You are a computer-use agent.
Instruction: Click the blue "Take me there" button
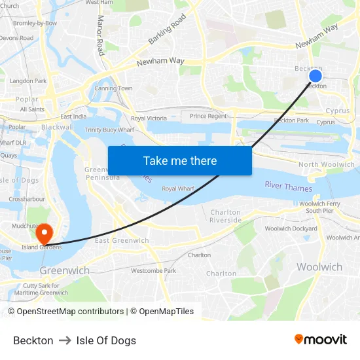pos(180,160)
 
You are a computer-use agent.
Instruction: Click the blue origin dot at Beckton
pos(315,76)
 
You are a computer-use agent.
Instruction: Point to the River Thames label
pos(289,187)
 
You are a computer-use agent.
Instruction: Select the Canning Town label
pos(113,88)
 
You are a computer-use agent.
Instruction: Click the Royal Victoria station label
pos(149,118)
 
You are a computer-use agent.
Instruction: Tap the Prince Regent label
pos(208,117)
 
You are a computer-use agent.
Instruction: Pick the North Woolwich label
pos(327,165)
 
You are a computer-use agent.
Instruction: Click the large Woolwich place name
pos(319,266)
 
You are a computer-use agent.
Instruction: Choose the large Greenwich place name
pos(65,270)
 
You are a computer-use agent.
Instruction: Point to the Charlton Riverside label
pos(226,216)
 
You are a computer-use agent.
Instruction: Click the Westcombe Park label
pos(153,270)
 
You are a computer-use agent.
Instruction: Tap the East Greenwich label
pos(122,241)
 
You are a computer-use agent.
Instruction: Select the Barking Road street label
pos(167,31)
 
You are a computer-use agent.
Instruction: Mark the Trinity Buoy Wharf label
pos(109,130)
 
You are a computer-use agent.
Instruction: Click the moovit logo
pos(320,340)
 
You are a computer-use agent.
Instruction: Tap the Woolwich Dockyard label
pos(290,228)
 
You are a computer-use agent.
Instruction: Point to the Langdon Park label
pos(28,81)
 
